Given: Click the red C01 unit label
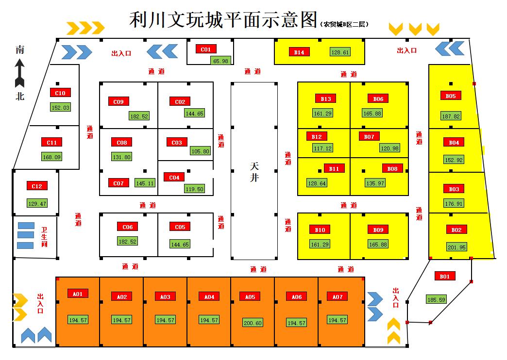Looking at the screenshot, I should (206, 49).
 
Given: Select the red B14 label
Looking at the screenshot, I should (299, 52).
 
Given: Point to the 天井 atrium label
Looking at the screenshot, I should (254, 172).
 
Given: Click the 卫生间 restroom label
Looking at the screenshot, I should (44, 237).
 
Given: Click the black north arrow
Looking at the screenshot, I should (19, 72).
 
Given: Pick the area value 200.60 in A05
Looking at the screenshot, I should (253, 323).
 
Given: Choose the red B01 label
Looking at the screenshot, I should (445, 276).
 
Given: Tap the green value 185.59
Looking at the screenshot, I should (436, 300).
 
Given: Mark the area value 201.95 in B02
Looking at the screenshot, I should (456, 247).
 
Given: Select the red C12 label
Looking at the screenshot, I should (37, 186).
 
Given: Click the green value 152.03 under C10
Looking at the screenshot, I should (60, 107).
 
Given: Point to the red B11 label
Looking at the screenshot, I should (334, 168).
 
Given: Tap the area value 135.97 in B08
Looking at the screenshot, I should (375, 183).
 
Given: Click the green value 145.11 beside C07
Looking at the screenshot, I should (145, 183).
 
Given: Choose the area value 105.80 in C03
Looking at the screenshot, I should (200, 151).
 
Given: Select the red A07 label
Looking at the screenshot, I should (337, 296).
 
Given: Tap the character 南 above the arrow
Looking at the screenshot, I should (20, 49).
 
